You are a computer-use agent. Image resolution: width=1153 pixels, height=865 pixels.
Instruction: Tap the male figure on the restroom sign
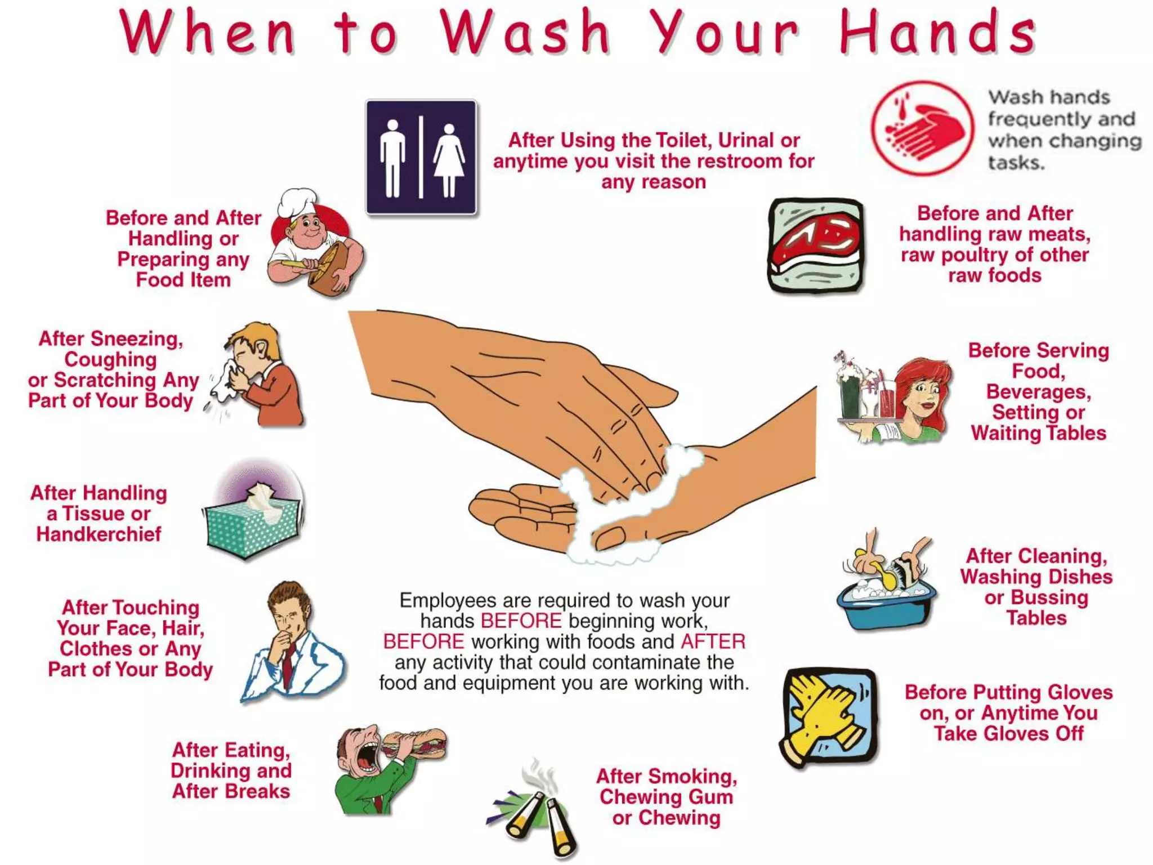click(392, 159)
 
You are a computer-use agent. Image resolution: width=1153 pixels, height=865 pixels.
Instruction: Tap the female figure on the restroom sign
click(449, 160)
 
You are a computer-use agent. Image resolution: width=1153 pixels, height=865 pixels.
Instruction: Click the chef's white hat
click(297, 203)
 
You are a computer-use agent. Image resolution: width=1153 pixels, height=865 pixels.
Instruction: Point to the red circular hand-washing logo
click(922, 128)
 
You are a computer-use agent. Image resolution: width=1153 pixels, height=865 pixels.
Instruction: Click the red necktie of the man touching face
click(288, 665)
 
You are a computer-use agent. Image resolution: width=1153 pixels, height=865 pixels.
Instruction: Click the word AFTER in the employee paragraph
click(713, 641)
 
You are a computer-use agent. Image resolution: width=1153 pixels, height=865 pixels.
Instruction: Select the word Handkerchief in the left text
click(99, 534)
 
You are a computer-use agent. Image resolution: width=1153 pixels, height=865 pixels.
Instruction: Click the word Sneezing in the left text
click(136, 338)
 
